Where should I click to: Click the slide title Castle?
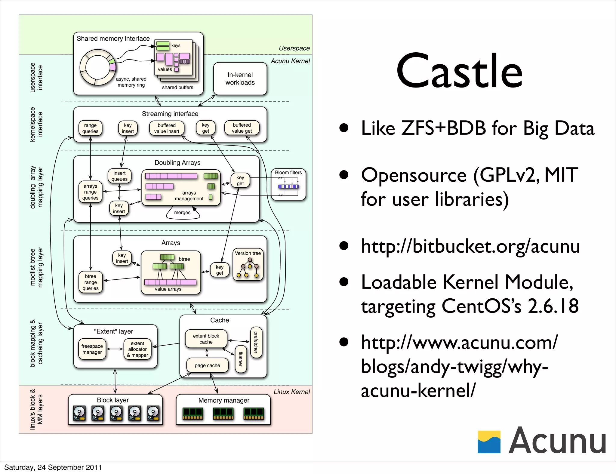tap(459, 71)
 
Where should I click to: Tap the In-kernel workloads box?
tap(240, 79)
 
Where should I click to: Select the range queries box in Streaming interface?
tap(90, 128)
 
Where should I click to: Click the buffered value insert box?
tap(167, 128)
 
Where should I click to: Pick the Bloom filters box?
tap(288, 184)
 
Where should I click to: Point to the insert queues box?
tap(119, 176)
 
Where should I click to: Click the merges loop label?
tap(182, 213)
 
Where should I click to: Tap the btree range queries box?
tap(91, 282)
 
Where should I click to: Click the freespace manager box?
tap(92, 349)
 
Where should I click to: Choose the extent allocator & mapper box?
tap(137, 349)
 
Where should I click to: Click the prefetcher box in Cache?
tap(256, 342)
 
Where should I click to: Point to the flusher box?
tap(241, 359)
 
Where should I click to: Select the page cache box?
tap(207, 365)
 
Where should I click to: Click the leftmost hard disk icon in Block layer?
tap(79, 413)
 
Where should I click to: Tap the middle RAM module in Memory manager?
tap(223, 414)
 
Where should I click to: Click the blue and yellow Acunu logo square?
tap(489, 442)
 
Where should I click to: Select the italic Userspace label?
tap(294, 48)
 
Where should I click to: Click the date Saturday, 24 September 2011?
tap(53, 467)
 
